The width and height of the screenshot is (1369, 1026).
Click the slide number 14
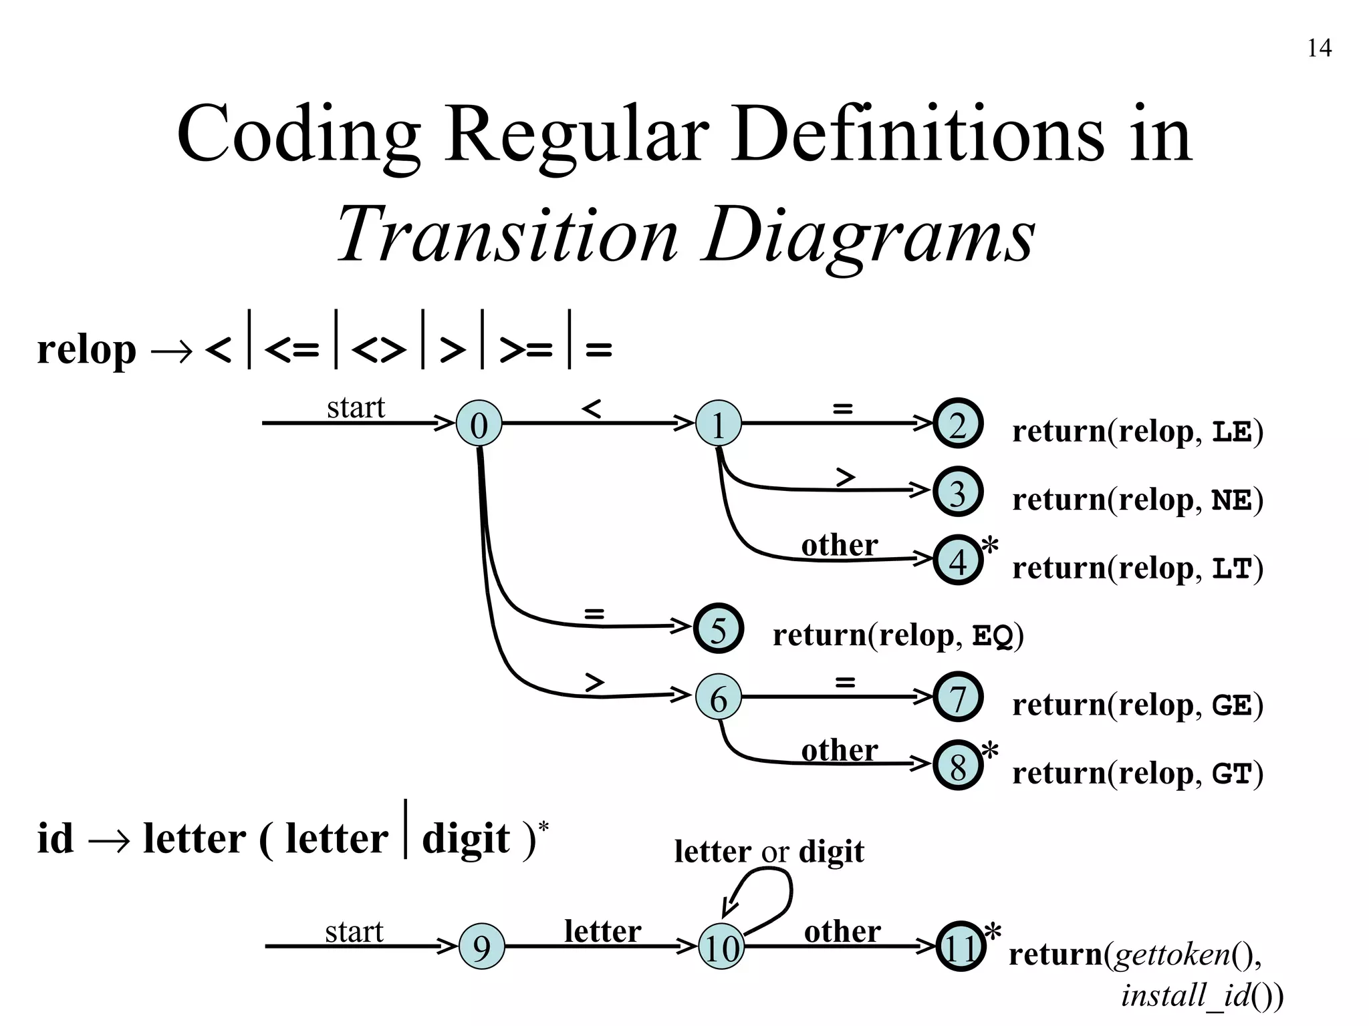[1319, 49]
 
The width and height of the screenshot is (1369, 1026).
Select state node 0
[479, 423]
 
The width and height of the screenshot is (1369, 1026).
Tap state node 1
[719, 423]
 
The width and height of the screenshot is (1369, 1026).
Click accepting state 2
[958, 423]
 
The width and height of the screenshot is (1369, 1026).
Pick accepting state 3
[958, 492]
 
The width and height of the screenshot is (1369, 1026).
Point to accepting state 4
[958, 560]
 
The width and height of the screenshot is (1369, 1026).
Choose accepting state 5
[718, 628]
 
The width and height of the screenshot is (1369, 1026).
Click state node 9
[481, 947]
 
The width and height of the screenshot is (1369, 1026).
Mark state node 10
[721, 947]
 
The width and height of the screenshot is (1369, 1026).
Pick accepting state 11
[961, 947]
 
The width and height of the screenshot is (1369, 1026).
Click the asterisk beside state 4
[990, 546]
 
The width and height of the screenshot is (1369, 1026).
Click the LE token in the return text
[1231, 432]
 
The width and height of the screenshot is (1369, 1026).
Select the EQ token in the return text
[993, 636]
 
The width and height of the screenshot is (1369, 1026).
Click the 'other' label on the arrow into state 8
[840, 750]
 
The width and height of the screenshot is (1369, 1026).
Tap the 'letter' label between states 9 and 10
[602, 931]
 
